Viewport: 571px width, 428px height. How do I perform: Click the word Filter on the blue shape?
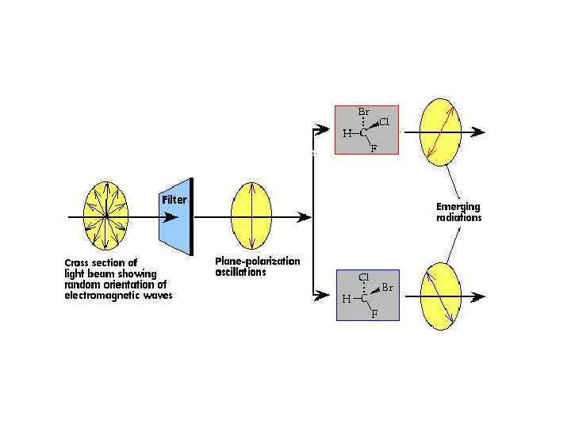click(174, 200)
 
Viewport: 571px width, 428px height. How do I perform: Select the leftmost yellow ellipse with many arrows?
click(106, 215)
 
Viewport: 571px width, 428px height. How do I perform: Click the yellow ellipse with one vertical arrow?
click(251, 215)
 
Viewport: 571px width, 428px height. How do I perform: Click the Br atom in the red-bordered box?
click(364, 113)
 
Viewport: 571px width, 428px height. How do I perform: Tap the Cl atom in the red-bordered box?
click(384, 122)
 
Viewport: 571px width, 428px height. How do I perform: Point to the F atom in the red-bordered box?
click(374, 149)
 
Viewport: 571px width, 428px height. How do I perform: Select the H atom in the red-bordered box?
click(347, 133)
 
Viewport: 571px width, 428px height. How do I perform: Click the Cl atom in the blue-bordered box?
click(364, 277)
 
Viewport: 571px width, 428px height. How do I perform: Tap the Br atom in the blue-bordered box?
click(387, 288)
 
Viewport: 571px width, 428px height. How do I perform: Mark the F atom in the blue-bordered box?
click(374, 314)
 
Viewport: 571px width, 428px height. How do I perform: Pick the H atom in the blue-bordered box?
click(346, 299)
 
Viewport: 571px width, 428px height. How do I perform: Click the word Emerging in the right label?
click(458, 207)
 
